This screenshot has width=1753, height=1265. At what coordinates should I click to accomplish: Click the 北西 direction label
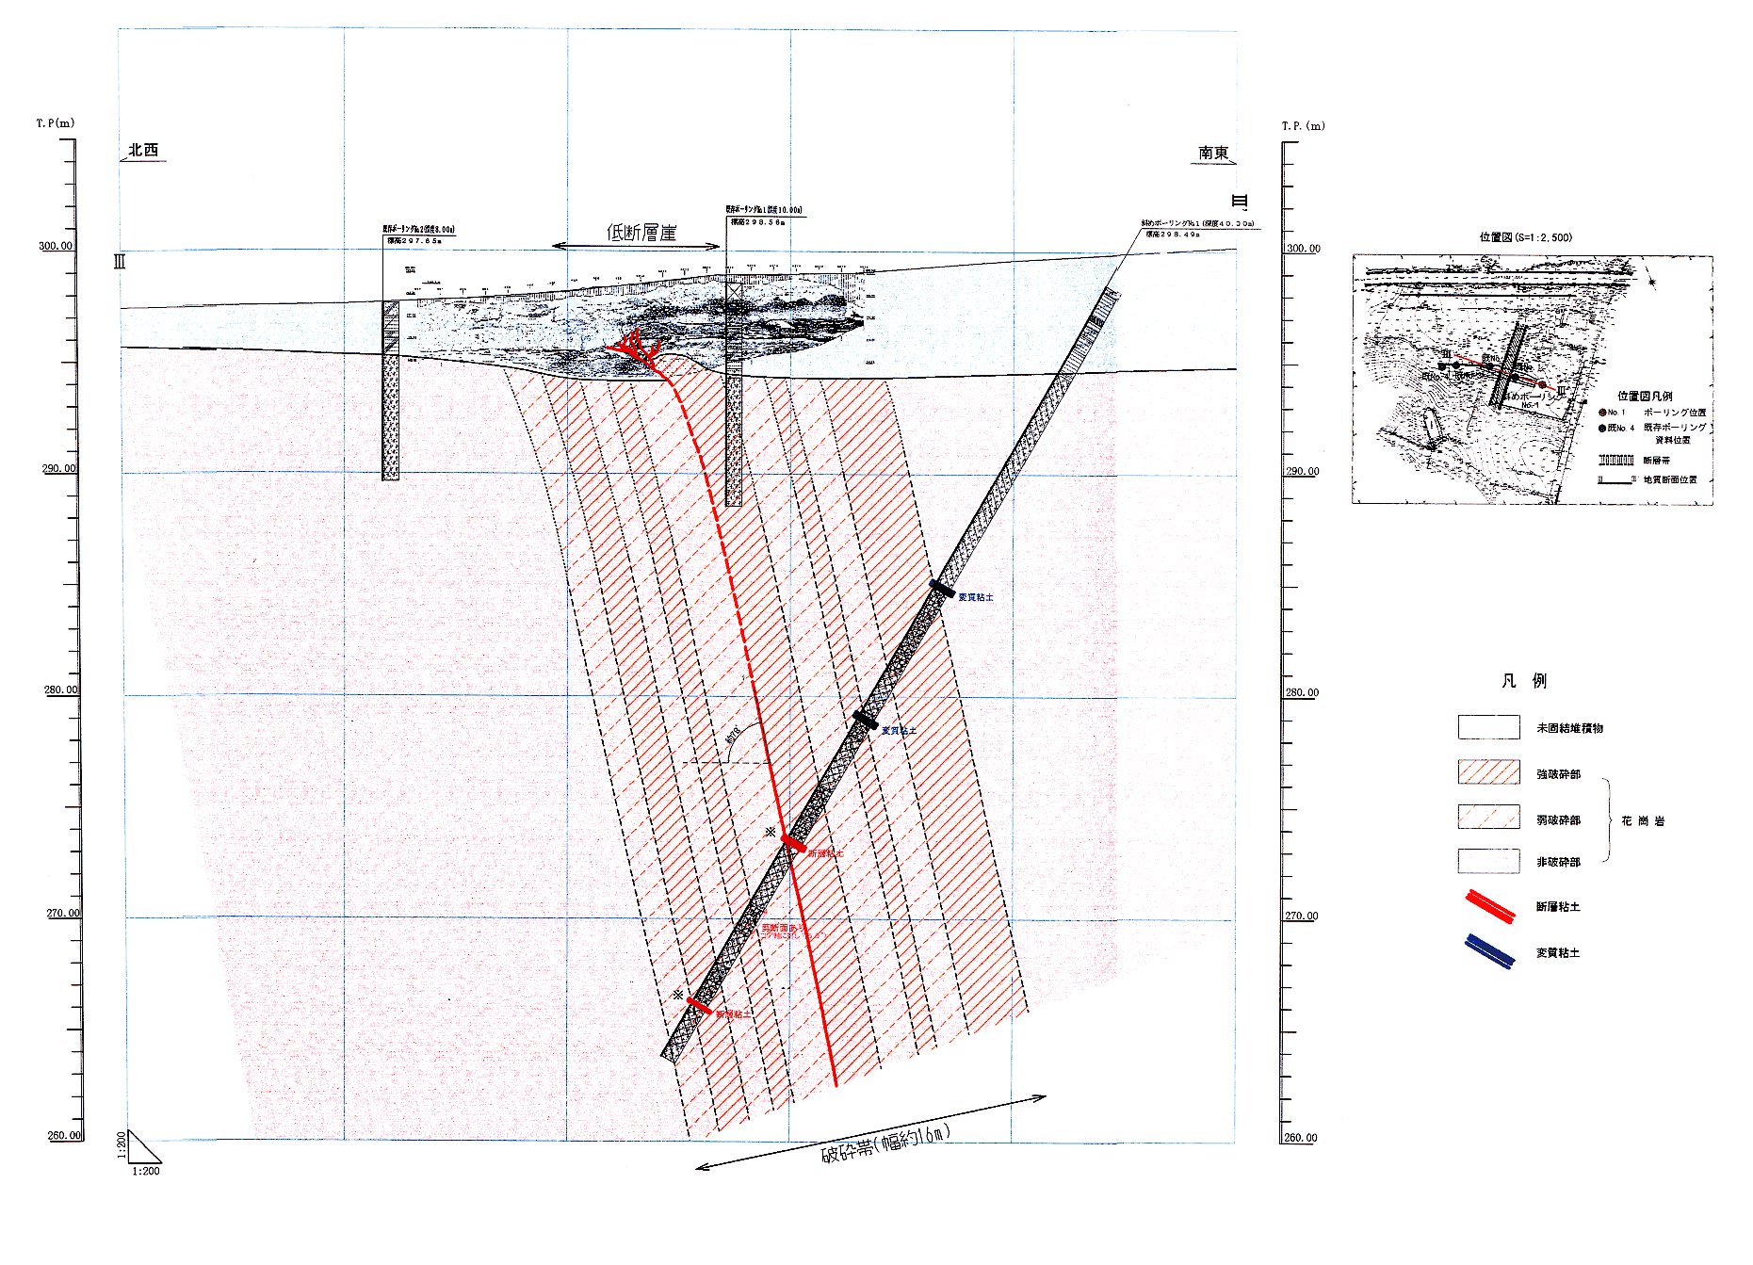(143, 151)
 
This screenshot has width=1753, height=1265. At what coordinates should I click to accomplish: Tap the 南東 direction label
(1213, 153)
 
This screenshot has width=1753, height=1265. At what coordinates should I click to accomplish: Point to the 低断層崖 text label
(641, 233)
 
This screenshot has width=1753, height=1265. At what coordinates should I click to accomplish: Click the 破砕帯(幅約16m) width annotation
(885, 1142)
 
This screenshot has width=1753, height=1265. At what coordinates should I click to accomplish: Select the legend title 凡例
(1523, 681)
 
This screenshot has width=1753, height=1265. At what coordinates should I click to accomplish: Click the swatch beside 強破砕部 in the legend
(1488, 772)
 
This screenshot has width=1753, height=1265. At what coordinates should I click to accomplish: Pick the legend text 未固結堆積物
(1569, 728)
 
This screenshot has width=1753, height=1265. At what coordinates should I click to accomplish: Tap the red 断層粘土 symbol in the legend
(1490, 906)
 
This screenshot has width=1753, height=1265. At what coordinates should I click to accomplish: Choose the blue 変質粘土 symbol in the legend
(1490, 951)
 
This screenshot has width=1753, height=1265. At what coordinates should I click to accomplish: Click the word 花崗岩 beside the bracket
(1643, 821)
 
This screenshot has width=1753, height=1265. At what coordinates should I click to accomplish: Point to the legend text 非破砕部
(1558, 862)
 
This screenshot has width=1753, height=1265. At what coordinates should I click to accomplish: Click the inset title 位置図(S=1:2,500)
(1525, 237)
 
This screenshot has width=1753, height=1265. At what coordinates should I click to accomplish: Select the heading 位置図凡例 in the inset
(1645, 397)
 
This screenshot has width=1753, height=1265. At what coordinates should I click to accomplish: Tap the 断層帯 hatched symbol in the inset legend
(1615, 461)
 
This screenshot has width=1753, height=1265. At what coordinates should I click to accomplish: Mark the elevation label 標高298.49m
(1173, 235)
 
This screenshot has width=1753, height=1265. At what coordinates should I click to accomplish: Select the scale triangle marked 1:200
(143, 1148)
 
